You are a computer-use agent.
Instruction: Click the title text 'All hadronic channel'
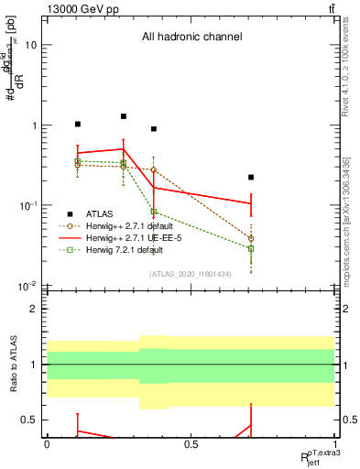tap(191, 38)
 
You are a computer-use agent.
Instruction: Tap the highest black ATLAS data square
tap(124, 116)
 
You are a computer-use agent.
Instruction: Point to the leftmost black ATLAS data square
tap(78, 124)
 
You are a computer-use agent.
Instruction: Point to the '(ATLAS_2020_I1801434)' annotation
tap(191, 274)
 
